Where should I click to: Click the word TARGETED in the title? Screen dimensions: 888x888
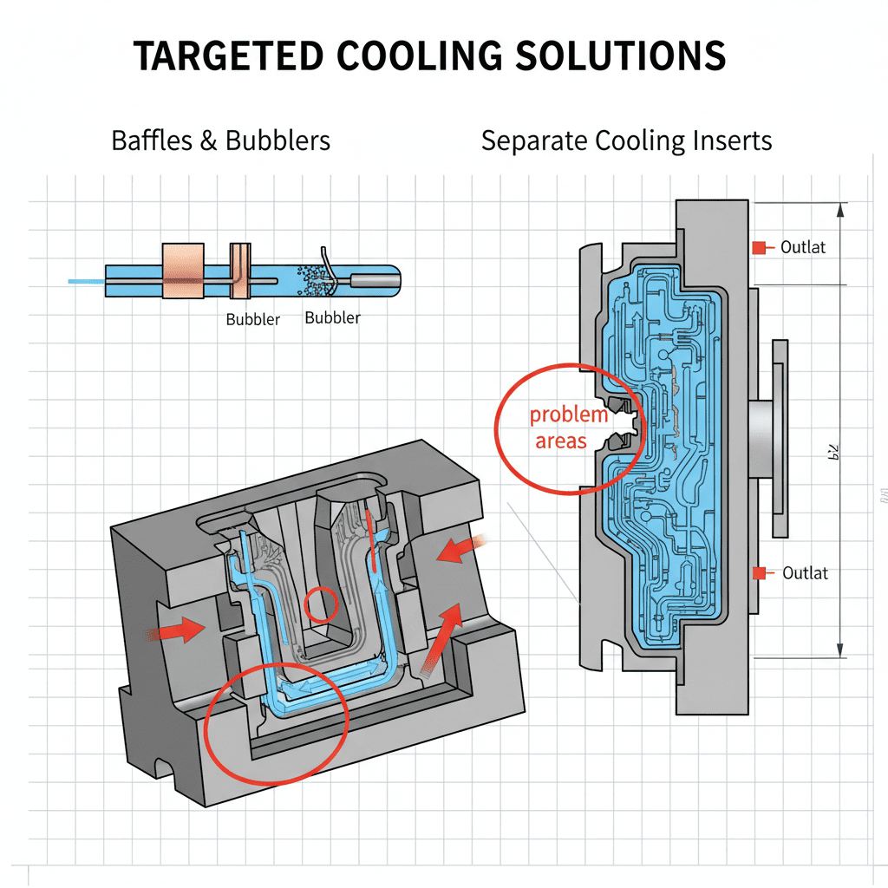point(227,56)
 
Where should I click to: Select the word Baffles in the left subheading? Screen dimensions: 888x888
point(151,140)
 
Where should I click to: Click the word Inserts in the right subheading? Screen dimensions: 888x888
point(723,140)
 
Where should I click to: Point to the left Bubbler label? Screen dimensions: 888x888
point(253,319)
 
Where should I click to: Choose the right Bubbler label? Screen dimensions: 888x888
point(332,317)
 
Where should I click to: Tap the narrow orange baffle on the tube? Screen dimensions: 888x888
point(239,271)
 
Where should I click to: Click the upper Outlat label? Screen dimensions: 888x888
point(803,247)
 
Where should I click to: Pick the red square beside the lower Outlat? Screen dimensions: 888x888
point(760,572)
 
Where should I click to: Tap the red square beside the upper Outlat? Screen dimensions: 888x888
point(759,248)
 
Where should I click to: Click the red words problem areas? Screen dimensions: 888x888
point(568,428)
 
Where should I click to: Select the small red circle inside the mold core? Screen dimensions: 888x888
point(320,604)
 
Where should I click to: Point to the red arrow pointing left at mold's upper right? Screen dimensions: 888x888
point(460,547)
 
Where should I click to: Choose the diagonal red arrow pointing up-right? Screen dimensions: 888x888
point(440,637)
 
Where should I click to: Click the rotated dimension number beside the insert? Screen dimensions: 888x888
point(827,452)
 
